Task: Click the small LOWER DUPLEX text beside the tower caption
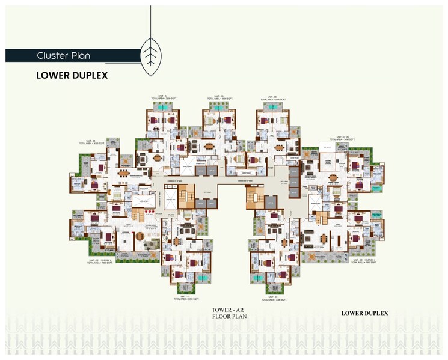coord(364,313)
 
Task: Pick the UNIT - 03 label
coord(92,143)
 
